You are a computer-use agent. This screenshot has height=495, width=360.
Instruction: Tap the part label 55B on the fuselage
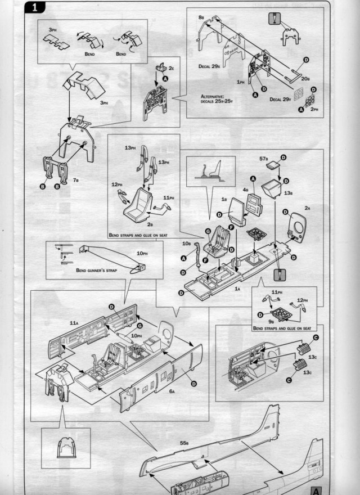(x=184, y=443)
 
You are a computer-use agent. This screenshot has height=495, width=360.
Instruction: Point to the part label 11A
(x=73, y=323)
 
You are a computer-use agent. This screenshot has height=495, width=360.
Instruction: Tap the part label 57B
(x=263, y=159)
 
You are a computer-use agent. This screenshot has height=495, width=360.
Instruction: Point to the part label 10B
(x=187, y=243)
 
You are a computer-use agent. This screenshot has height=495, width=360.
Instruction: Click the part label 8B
(x=201, y=18)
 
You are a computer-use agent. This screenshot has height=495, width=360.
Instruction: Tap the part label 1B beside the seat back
(x=224, y=199)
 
